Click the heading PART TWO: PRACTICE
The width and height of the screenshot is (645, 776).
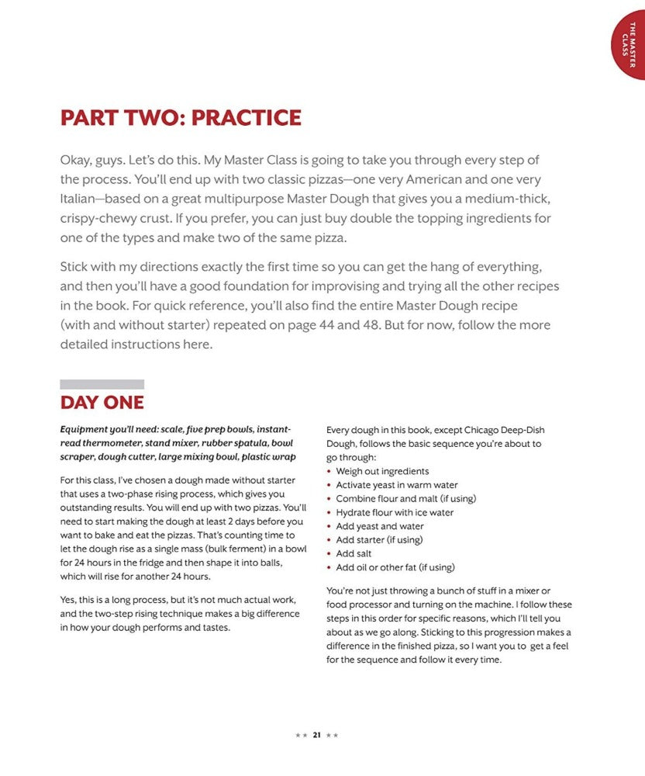pos(181,119)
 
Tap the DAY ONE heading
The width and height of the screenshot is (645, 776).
pos(102,403)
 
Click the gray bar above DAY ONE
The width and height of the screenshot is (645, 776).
pos(102,384)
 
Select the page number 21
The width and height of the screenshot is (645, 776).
pos(316,735)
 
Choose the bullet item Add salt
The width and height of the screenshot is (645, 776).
pos(354,553)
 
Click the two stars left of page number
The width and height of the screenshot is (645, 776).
pos(301,735)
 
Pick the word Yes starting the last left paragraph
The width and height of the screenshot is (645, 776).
pos(68,600)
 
